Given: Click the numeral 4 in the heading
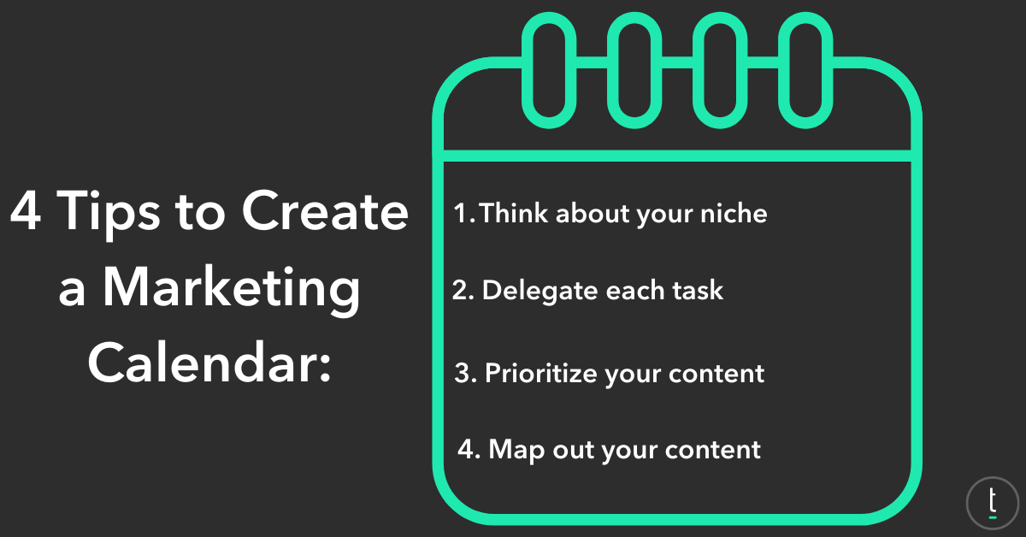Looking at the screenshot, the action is click(x=26, y=210).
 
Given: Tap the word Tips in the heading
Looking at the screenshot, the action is click(x=109, y=214).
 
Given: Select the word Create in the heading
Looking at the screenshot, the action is click(x=325, y=210).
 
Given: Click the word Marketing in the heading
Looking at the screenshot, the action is click(x=232, y=290).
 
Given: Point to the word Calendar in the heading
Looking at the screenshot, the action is click(x=202, y=362).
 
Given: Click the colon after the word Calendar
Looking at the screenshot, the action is click(x=325, y=367).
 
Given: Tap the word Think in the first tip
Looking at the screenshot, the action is click(x=514, y=213).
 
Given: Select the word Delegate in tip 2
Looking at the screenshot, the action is click(x=540, y=292).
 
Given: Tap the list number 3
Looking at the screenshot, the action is click(x=465, y=373).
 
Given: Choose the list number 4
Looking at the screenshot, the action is click(x=469, y=449).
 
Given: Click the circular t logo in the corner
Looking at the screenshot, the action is click(x=992, y=503).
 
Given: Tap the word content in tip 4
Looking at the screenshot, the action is click(x=713, y=450).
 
